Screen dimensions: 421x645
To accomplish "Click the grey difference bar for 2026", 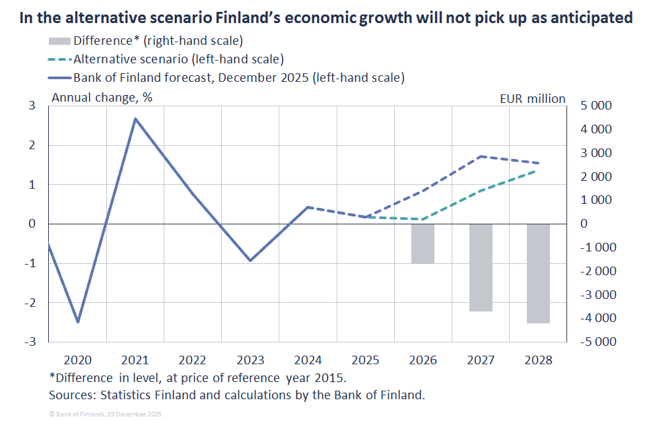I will pos(423,243).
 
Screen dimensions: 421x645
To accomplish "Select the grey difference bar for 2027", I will pos(481,267).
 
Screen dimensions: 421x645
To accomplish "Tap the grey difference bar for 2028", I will pos(538,273).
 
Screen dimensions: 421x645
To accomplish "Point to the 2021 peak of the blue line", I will pos(135,119).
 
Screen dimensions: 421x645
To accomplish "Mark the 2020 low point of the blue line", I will pos(79,322).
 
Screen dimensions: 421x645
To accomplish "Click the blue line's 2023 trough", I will pos(250,261).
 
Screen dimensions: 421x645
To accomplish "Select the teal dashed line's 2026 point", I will pos(423,219).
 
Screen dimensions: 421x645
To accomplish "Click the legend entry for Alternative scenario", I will pos(178,59).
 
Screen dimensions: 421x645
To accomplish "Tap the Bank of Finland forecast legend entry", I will pos(238,77).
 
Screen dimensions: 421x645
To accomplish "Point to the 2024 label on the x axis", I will pos(308,360).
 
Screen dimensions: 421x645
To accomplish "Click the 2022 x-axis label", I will pos(193,360).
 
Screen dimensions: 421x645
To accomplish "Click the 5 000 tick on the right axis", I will pos(595,106).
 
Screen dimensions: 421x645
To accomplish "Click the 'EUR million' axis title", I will pos(533,98).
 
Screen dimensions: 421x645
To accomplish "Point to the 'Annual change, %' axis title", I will pos(102,98).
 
